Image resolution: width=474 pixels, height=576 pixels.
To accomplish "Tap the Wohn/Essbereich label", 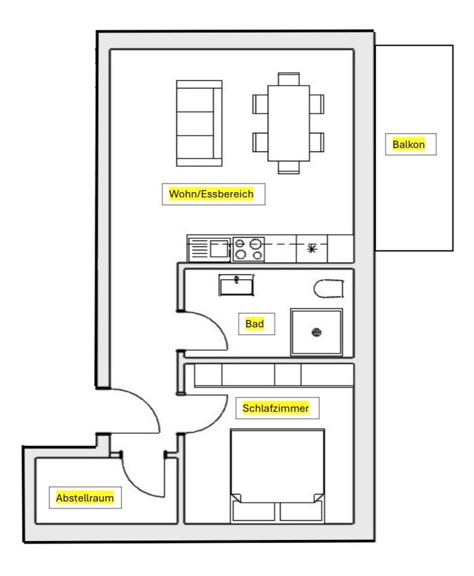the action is click(212, 194).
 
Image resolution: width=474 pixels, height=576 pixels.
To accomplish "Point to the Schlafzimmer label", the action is click(276, 409).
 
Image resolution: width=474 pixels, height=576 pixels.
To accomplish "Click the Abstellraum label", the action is click(84, 497).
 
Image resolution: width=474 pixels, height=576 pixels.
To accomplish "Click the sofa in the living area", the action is click(198, 123).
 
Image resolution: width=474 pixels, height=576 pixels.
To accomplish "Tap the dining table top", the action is click(289, 123).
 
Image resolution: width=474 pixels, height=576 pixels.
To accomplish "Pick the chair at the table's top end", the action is click(289, 78).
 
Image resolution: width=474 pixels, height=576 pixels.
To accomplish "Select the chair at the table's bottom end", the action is click(289, 167).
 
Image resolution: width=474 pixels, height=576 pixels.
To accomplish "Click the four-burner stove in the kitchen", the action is click(248, 249).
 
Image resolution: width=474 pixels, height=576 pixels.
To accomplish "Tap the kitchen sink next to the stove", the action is click(210, 249).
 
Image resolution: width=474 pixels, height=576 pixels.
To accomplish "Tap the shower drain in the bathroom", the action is click(316, 332).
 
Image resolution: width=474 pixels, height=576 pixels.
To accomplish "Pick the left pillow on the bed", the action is click(253, 510).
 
